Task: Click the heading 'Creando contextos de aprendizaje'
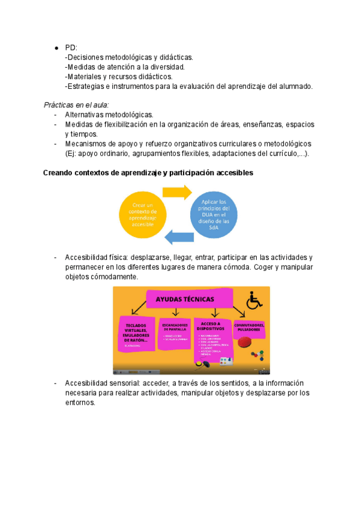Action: (x=148, y=173)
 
